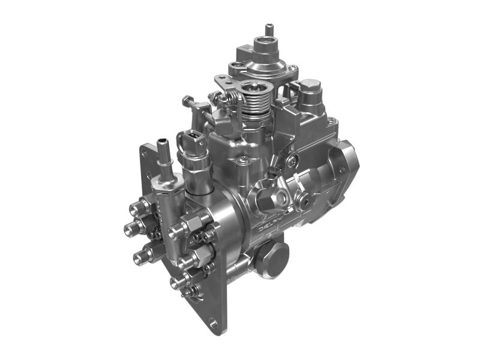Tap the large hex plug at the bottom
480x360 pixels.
pyautogui.click(x=274, y=259)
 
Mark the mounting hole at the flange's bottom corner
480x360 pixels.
pyautogui.click(x=213, y=324)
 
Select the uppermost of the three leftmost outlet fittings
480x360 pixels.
pyautogui.click(x=138, y=206)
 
